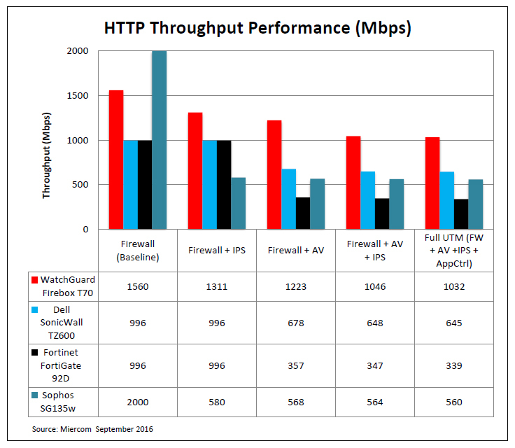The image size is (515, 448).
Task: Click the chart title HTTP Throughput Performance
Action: [257, 29]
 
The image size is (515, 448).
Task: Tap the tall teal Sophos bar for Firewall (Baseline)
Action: [159, 140]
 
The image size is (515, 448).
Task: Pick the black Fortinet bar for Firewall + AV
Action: [303, 213]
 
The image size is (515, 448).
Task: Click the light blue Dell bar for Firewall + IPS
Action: [209, 185]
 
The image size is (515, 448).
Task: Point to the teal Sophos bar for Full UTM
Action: [476, 204]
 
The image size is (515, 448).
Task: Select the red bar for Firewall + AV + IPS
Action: [353, 183]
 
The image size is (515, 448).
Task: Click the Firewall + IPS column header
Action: [216, 250]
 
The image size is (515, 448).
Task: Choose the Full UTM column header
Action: [454, 250]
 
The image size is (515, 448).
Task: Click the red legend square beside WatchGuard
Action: [34, 281]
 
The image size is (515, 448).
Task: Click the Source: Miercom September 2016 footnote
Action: [92, 428]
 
